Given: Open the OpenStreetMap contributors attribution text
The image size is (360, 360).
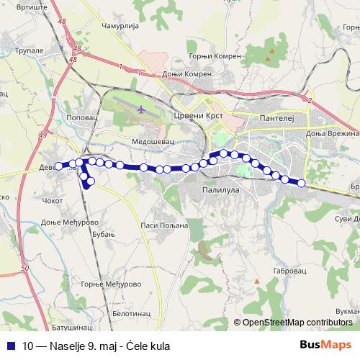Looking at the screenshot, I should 296,322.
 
